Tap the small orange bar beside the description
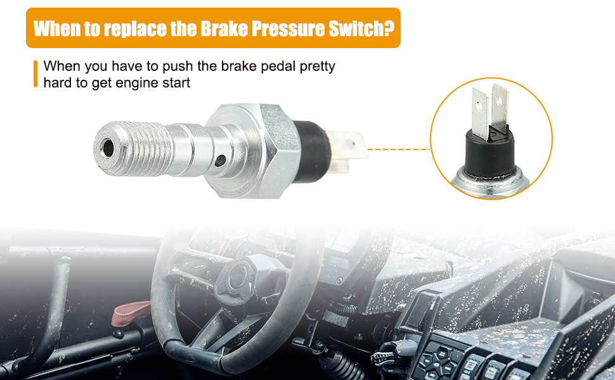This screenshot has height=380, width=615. pyautogui.click(x=36, y=74)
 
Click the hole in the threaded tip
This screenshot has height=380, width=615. pyautogui.click(x=108, y=148)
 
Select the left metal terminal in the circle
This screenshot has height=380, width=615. pyautogui.click(x=480, y=113)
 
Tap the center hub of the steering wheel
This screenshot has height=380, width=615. pyautogui.click(x=235, y=274)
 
